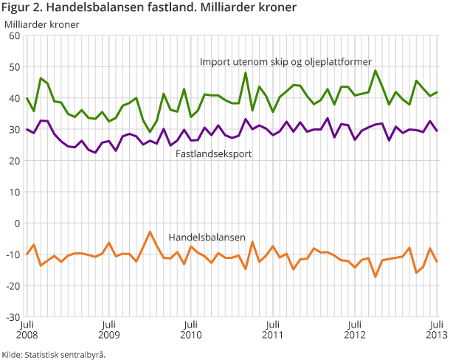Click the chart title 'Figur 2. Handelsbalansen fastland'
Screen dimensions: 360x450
point(149,8)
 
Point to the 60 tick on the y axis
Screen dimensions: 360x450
point(14,35)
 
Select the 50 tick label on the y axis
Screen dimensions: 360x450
point(14,67)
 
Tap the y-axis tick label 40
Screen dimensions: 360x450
point(14,98)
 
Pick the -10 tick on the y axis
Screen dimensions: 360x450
point(13,255)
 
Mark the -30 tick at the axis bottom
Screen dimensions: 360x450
point(13,316)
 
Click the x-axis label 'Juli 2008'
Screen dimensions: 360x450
point(27,329)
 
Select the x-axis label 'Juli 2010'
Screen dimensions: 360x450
point(190,329)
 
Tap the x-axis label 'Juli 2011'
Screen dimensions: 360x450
point(272,329)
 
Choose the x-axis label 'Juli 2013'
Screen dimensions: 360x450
point(435,329)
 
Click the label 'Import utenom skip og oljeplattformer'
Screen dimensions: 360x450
point(285,61)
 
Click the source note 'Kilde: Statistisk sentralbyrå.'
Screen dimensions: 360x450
point(54,354)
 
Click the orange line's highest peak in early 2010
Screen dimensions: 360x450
point(150,232)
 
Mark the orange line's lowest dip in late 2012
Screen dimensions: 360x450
point(375,277)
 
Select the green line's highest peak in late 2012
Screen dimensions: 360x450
point(375,71)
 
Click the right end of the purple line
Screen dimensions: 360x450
point(437,131)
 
